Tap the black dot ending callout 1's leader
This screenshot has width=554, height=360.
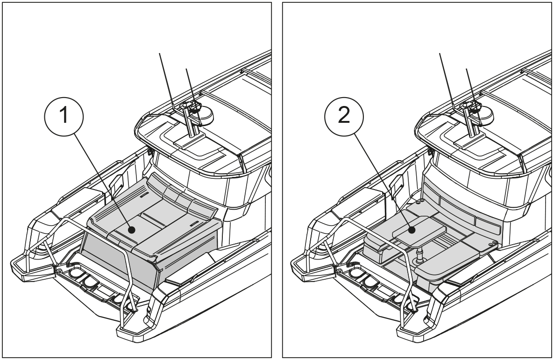coord(132,230)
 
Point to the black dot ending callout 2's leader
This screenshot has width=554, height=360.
coord(411,230)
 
